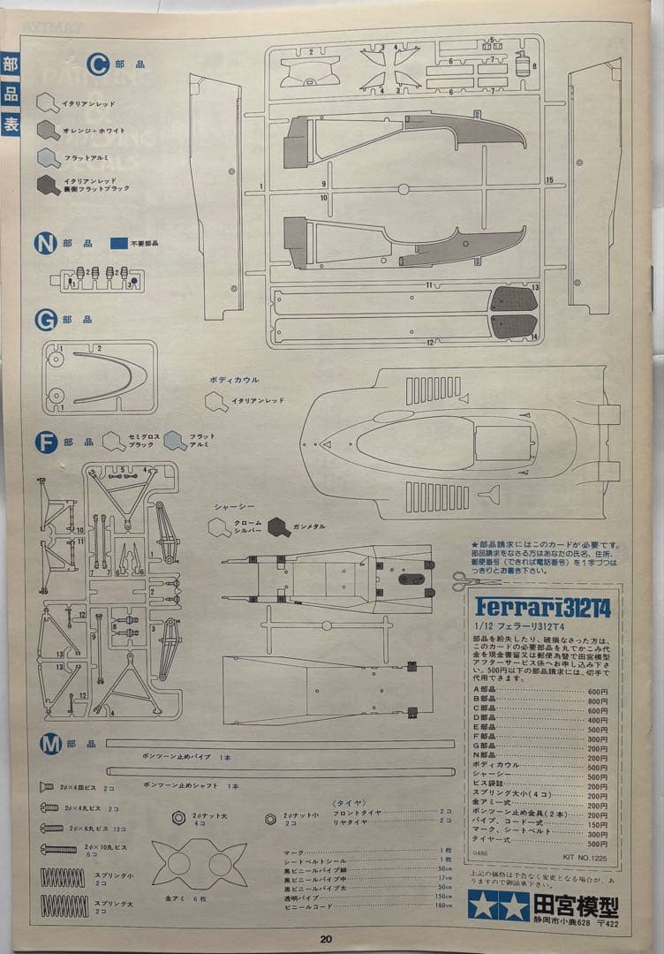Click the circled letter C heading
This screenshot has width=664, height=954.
click(98, 64)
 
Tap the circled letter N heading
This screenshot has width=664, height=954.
click(45, 244)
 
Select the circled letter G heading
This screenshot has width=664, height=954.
click(46, 320)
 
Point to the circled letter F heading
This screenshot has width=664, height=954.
click(46, 442)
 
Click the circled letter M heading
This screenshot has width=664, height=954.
click(49, 745)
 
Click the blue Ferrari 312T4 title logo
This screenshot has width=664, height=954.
click(542, 607)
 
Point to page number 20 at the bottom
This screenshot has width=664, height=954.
click(326, 939)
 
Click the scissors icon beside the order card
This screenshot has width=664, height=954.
click(464, 579)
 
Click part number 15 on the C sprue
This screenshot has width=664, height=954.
click(549, 180)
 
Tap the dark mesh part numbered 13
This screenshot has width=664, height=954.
click(513, 299)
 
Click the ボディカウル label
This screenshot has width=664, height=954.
click(234, 380)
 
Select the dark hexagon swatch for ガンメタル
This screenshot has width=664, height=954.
click(279, 527)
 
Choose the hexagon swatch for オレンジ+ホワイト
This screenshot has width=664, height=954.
click(49, 130)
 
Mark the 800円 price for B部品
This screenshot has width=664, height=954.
click(598, 701)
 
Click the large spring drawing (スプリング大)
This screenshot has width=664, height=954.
click(64, 905)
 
